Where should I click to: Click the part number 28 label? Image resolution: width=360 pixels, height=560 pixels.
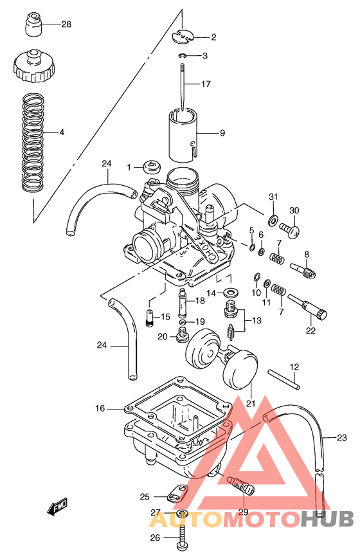click(x=66, y=24)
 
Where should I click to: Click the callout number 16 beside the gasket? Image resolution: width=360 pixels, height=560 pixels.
click(x=99, y=408)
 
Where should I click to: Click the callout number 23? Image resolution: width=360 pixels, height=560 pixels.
click(x=341, y=438)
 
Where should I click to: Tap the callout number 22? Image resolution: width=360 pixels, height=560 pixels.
click(x=310, y=331)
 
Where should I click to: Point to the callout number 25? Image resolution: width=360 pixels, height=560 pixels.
click(x=145, y=496)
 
